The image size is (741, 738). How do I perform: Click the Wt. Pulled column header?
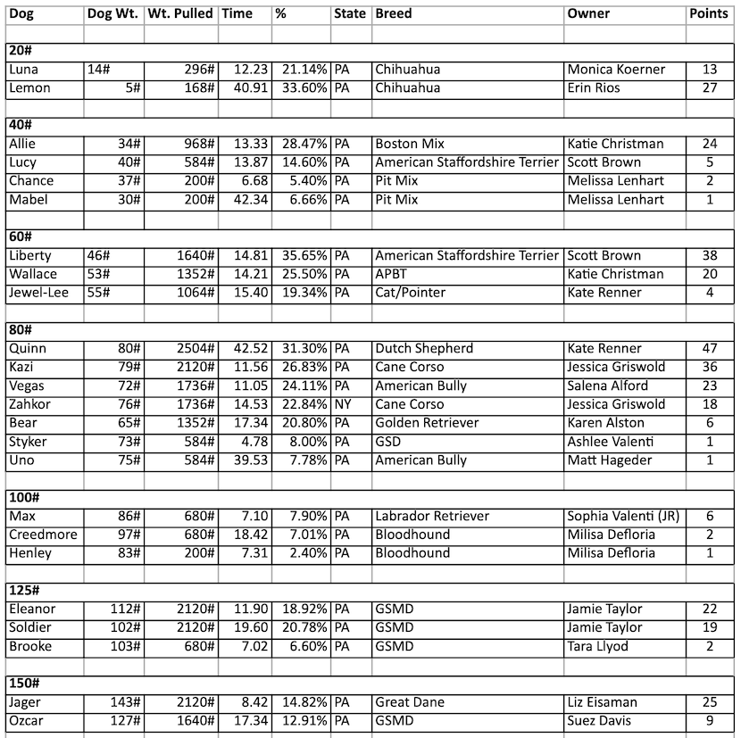[180, 14]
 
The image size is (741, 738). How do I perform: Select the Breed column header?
[393, 14]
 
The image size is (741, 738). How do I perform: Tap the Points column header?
[710, 14]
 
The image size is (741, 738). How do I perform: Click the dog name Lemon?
[29, 88]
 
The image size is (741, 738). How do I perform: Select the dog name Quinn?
[28, 349]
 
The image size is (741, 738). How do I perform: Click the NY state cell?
[344, 404]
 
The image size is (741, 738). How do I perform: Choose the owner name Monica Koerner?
[616, 70]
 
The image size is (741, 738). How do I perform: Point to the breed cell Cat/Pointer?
[411, 293]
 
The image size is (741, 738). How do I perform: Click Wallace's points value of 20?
[710, 274]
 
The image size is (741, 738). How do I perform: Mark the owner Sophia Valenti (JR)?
[624, 517]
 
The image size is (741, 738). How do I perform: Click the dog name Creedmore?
[43, 535]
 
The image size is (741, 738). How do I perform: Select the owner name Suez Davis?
[605, 721]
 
